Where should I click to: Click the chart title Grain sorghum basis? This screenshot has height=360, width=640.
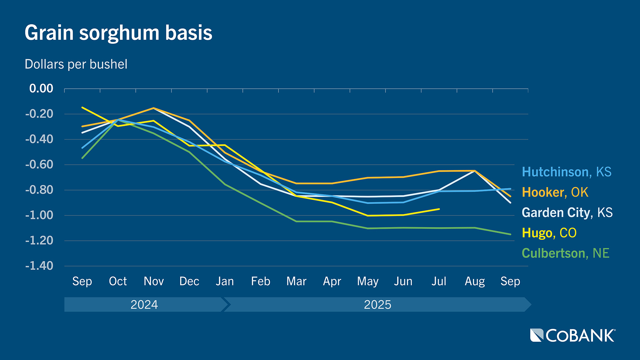pyautogui.click(x=118, y=33)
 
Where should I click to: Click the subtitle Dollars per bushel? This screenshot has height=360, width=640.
pyautogui.click(x=76, y=64)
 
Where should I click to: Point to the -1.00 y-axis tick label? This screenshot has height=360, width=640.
pyautogui.click(x=39, y=215)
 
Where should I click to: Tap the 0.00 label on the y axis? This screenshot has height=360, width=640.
pyautogui.click(x=41, y=89)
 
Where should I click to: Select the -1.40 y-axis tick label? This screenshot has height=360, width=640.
pyautogui.click(x=39, y=266)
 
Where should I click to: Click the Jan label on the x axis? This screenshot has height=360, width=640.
pyautogui.click(x=225, y=281)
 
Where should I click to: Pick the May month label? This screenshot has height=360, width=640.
pyautogui.click(x=368, y=282)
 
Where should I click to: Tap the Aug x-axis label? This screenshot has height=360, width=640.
pyautogui.click(x=475, y=282)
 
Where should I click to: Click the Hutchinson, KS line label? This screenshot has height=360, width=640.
pyautogui.click(x=566, y=172)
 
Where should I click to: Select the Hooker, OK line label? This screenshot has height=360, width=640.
pyautogui.click(x=555, y=192)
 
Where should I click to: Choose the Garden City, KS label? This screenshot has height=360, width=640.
pyautogui.click(x=567, y=213)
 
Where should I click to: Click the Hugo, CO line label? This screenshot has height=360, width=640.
pyautogui.click(x=549, y=233)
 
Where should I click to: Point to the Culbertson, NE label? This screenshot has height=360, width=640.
pyautogui.click(x=565, y=253)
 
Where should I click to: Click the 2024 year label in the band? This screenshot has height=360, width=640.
pyautogui.click(x=144, y=305)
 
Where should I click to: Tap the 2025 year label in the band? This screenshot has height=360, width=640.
pyautogui.click(x=377, y=305)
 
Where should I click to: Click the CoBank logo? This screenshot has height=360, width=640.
pyautogui.click(x=573, y=335)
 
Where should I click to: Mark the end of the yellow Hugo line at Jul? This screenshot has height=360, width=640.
pyautogui.click(x=439, y=209)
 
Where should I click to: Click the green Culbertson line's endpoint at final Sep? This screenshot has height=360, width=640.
pyautogui.click(x=510, y=234)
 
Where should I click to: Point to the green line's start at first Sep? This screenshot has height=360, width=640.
pyautogui.click(x=82, y=158)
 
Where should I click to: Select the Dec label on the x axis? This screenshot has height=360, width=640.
pyautogui.click(x=189, y=281)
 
